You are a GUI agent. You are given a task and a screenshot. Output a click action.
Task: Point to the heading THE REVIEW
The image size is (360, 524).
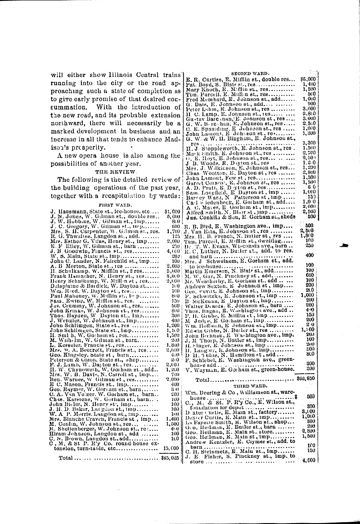(109, 172)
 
